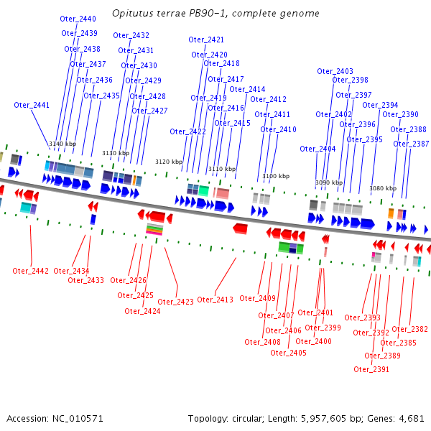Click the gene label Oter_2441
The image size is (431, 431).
click(32, 105)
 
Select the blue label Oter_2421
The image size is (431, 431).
click(206, 40)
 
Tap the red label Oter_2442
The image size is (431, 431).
click(31, 271)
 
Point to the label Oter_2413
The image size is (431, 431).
click(215, 299)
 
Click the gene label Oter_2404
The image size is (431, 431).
click(318, 149)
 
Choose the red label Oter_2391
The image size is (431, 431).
click(371, 369)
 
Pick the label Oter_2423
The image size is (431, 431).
click(176, 302)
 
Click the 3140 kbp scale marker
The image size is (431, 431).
click(62, 144)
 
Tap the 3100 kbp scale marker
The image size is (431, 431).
click(276, 176)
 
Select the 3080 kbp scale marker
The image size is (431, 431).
click(383, 188)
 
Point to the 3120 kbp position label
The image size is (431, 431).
click(170, 162)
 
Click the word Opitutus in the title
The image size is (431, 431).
click(132, 14)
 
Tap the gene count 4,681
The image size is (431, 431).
click(412, 418)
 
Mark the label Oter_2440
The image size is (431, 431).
click(78, 19)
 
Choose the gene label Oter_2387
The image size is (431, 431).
click(411, 144)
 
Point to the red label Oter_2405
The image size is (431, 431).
click(288, 353)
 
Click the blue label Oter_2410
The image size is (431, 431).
click(278, 129)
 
